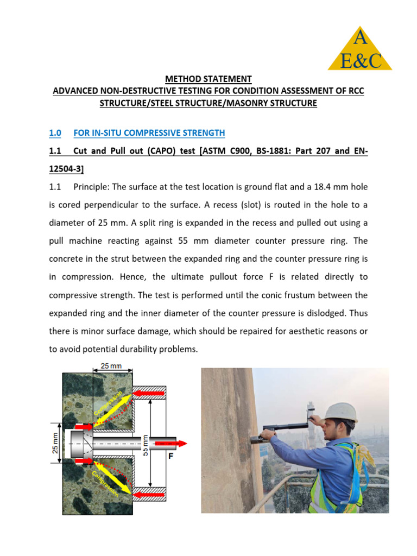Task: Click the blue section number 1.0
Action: tap(55, 133)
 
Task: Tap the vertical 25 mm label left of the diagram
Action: tap(47, 443)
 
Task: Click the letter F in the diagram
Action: tap(170, 457)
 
